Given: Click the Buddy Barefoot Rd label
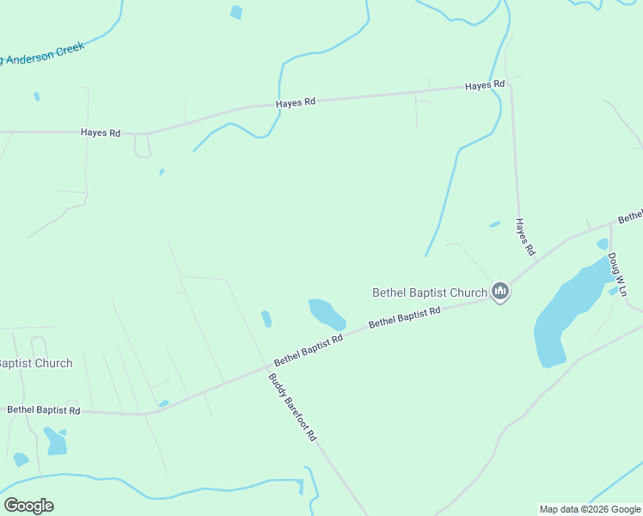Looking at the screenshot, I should [292, 408].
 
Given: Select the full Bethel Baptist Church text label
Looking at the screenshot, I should [430, 292].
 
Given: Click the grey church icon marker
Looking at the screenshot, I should [500, 292].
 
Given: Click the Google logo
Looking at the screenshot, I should [28, 506].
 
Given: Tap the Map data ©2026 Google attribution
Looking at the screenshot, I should [589, 509].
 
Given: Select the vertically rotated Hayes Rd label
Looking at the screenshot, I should [525, 236].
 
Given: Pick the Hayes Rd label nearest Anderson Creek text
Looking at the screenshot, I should [101, 132].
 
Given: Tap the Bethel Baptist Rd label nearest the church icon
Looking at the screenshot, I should [404, 316].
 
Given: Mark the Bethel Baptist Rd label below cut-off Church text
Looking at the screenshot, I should [44, 410].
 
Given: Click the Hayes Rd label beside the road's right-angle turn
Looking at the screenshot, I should [485, 85].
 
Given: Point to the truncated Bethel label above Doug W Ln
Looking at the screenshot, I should [630, 215].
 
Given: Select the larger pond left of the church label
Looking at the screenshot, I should [326, 313].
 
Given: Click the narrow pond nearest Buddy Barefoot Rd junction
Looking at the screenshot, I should [266, 319].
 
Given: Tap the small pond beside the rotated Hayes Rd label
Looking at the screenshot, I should [494, 224].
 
